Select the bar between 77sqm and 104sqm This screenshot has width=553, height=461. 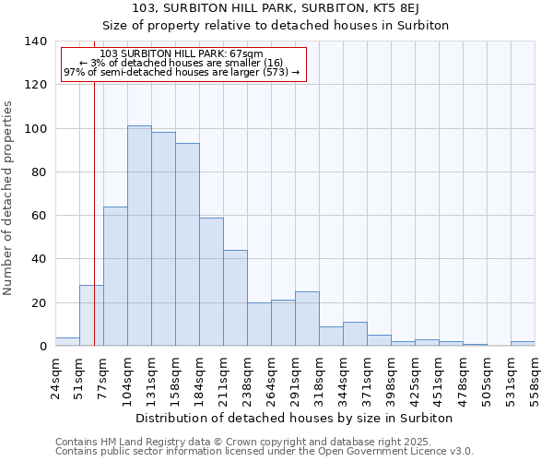[x=115, y=277]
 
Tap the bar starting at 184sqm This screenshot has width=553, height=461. [x=211, y=282]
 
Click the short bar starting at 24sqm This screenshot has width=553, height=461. [x=67, y=342]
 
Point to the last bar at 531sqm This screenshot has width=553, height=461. [x=523, y=344]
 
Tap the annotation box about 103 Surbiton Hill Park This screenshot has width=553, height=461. [x=182, y=63]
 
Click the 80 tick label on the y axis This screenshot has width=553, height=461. [x=39, y=172]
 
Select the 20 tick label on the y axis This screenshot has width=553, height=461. [x=39, y=303]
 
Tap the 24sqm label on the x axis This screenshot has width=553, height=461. [x=55, y=378]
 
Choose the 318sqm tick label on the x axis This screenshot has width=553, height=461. [x=319, y=378]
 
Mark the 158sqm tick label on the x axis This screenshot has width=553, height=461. [x=175, y=378]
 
